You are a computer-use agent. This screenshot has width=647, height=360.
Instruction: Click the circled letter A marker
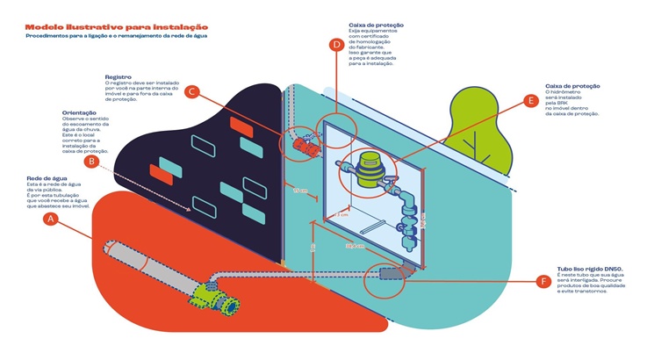point(52,220)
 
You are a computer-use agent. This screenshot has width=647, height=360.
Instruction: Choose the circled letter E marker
point(529,101)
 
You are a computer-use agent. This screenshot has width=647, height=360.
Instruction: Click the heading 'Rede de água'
point(44,179)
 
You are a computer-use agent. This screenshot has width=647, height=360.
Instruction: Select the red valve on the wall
point(305,145)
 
